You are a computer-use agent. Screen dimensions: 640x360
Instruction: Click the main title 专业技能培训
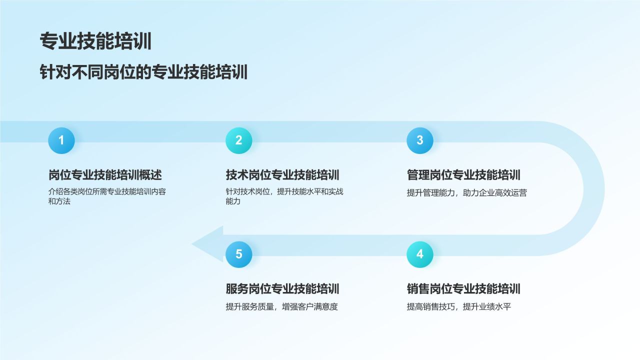point(95,41)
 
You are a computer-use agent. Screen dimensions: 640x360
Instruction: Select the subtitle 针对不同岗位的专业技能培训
point(143,71)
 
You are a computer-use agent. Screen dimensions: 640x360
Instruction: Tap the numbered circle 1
point(61,140)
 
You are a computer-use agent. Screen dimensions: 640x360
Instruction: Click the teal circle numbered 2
point(239,140)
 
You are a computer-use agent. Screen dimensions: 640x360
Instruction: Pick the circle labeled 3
point(420,140)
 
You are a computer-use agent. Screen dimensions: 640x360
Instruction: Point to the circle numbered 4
point(420,254)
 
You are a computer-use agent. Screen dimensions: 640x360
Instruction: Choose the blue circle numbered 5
point(239,254)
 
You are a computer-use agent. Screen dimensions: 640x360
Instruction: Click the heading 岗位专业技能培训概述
point(105,175)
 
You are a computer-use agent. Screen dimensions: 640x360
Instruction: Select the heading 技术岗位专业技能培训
point(282,175)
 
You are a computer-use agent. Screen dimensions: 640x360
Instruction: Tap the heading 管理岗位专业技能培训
point(463,175)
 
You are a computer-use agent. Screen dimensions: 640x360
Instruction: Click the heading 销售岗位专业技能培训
point(463,289)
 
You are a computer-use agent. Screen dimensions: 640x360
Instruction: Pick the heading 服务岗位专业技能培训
point(282,289)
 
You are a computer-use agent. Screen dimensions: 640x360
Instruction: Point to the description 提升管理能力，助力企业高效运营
point(467,193)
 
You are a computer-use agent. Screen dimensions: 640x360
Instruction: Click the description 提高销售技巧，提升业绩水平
point(459,307)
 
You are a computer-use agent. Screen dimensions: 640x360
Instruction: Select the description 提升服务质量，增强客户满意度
point(281,307)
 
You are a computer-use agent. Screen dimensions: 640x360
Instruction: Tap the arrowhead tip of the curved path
point(192,244)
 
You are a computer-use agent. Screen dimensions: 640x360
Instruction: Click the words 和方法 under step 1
point(59,201)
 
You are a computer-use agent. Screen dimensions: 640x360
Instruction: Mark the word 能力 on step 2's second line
point(233,201)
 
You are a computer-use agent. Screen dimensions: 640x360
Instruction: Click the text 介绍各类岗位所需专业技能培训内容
point(107,191)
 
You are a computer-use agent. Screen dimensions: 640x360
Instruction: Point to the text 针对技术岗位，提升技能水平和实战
point(284,191)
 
